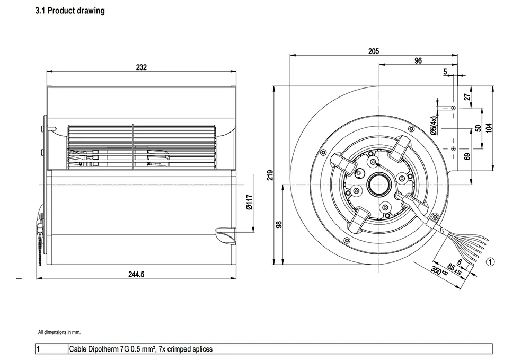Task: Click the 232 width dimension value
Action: [141, 67]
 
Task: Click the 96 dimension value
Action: [418, 61]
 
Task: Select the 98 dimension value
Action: [279, 224]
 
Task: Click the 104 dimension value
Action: [488, 128]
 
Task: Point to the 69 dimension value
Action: [466, 157]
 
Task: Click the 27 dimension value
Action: [466, 97]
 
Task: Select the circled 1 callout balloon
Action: [490, 261]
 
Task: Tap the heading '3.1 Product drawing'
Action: [69, 11]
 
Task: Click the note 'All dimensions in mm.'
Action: [59, 332]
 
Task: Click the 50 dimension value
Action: [478, 128]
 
